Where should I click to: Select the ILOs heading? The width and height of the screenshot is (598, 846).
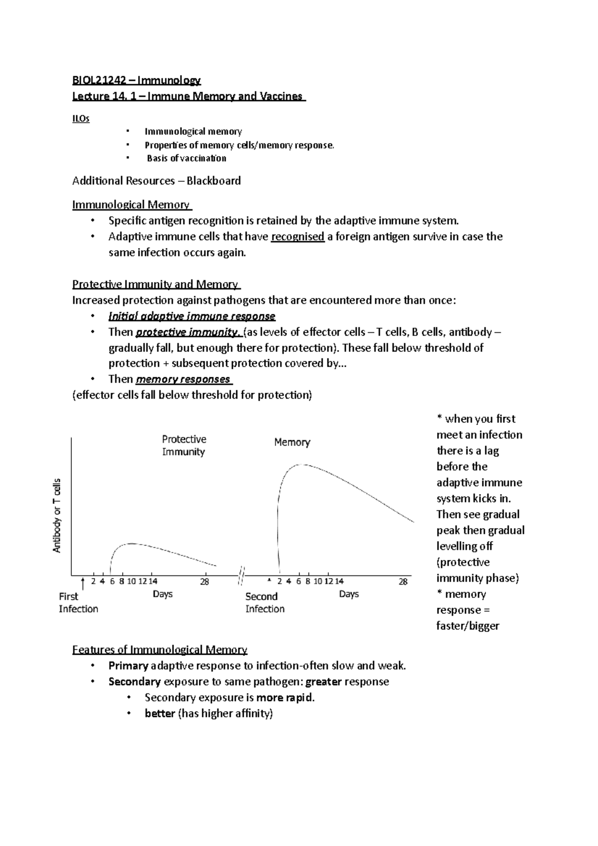click(81, 119)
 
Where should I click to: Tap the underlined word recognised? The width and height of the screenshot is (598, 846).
click(298, 237)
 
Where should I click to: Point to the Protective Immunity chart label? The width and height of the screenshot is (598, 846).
click(183, 445)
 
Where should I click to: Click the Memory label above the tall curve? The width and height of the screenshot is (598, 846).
click(292, 442)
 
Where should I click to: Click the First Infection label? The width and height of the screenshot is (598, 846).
click(78, 602)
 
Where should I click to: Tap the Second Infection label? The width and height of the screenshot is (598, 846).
click(265, 602)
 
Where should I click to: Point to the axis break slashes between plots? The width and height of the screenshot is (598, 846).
click(241, 575)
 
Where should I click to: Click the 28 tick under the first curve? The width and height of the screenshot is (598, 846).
click(204, 581)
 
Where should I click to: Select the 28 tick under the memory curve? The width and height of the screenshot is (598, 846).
click(403, 581)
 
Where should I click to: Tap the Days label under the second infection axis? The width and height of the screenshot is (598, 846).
click(349, 594)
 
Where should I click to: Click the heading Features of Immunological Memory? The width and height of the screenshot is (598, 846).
click(159, 650)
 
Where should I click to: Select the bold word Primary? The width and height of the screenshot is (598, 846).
click(128, 666)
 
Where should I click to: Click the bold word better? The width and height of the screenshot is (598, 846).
click(159, 713)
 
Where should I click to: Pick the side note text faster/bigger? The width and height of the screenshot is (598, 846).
click(467, 626)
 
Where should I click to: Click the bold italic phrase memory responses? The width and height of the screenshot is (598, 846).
click(182, 379)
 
